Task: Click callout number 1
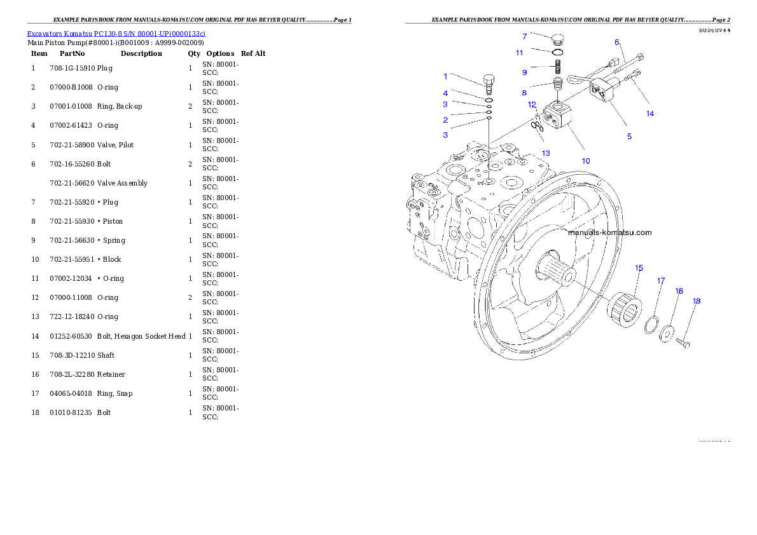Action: (x=445, y=76)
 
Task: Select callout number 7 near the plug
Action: (x=524, y=37)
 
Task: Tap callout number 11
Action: (x=519, y=53)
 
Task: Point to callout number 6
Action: (x=616, y=42)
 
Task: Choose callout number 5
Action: (x=629, y=137)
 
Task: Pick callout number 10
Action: (x=586, y=161)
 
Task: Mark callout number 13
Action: (x=546, y=153)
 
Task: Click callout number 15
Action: (x=639, y=268)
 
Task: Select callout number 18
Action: (x=697, y=301)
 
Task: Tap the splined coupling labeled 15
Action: (x=622, y=309)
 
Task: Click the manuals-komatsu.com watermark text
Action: (x=609, y=233)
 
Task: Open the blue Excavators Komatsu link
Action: (x=116, y=33)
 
